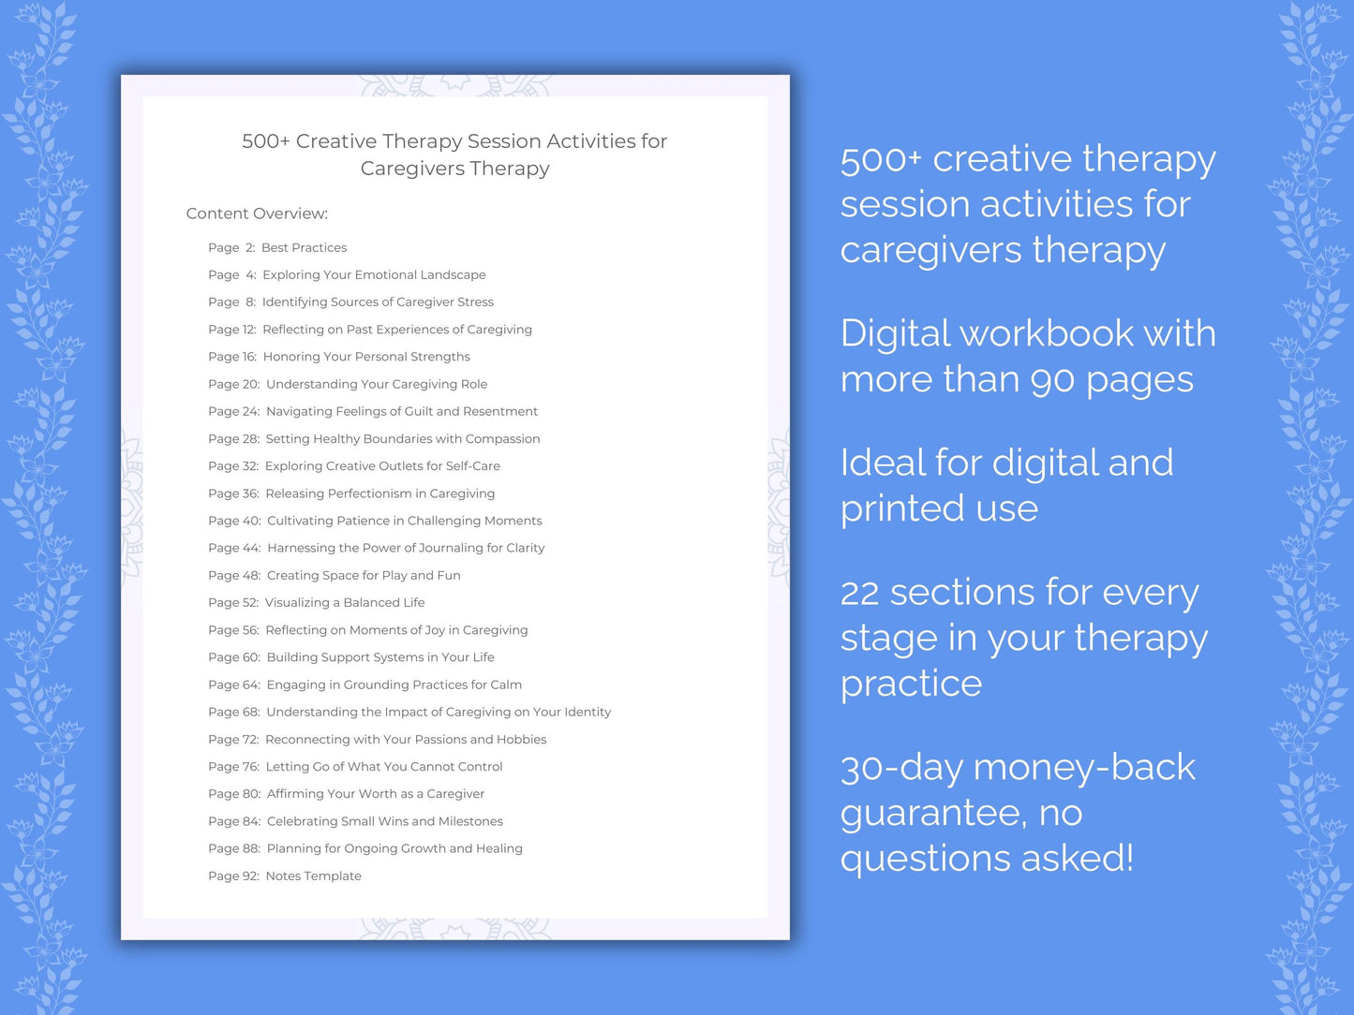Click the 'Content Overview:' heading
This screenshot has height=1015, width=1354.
point(257,213)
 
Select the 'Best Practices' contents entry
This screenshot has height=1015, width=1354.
point(304,248)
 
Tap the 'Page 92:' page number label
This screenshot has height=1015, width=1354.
point(233,876)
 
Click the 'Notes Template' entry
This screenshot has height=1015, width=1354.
point(313,876)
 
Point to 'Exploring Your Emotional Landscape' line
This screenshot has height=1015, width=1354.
point(374,275)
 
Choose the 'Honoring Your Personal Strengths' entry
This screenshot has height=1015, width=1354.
point(366,357)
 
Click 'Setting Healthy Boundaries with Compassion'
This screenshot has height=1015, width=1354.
point(403,439)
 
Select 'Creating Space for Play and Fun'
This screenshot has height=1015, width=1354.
point(364,576)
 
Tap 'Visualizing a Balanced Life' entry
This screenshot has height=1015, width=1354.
point(345,603)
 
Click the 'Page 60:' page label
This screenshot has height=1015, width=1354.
point(234,657)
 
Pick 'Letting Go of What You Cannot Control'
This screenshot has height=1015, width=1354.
point(384,767)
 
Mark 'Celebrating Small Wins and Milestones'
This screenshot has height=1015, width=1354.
point(385,821)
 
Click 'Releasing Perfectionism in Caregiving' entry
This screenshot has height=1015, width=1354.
point(379,493)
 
